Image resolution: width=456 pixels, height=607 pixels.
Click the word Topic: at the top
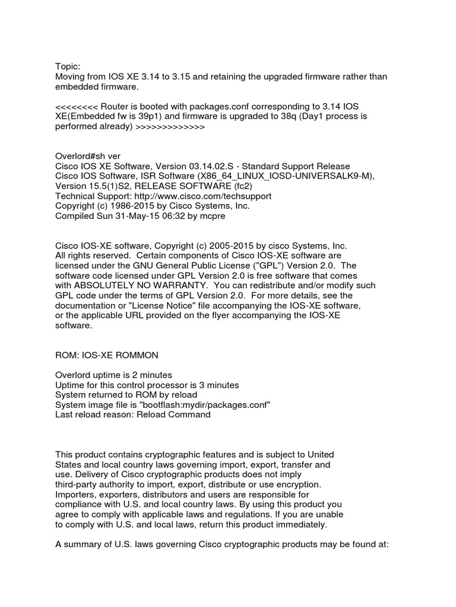67,67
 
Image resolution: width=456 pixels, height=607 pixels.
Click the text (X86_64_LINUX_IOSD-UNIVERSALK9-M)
275,176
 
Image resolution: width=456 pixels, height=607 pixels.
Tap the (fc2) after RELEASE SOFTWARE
235,186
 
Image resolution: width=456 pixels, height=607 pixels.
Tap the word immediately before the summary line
300,525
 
